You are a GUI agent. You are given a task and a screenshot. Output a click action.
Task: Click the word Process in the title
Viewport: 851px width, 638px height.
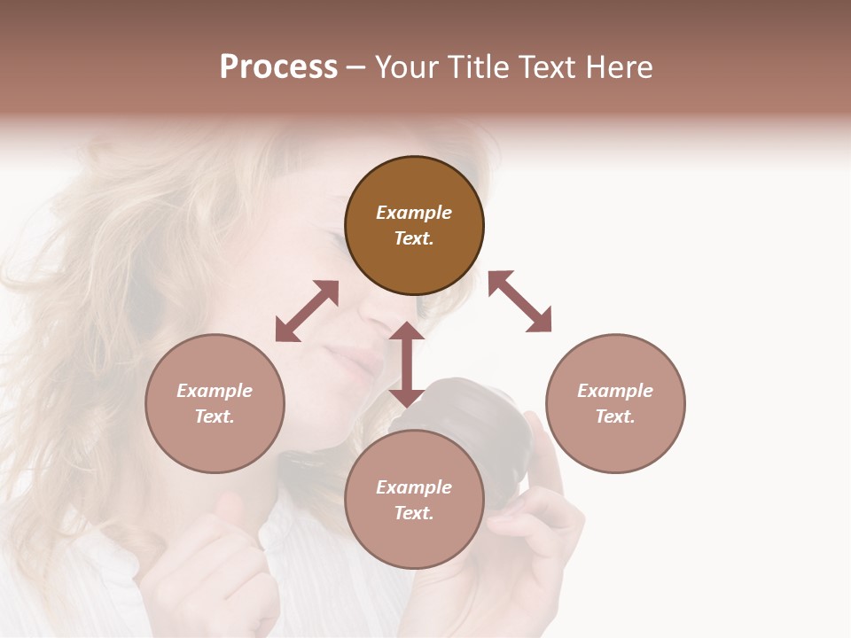point(278,67)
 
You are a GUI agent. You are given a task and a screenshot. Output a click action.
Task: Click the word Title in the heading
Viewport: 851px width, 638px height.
point(480,67)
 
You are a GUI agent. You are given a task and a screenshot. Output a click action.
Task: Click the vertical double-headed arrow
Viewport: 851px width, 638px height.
point(407,364)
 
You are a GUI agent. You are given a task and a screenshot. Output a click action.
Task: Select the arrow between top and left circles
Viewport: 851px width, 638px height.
point(307,311)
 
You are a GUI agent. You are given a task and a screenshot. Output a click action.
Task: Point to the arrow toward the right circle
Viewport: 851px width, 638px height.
point(520,301)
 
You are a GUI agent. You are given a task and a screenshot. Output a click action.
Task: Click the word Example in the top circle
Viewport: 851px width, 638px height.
point(414,213)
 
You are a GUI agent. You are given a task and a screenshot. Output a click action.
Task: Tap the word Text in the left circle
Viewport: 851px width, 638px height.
point(215,416)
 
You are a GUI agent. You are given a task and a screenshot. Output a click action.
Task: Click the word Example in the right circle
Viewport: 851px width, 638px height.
point(615,391)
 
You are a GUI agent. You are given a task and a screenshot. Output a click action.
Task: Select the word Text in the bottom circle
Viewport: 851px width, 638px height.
point(414,514)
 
